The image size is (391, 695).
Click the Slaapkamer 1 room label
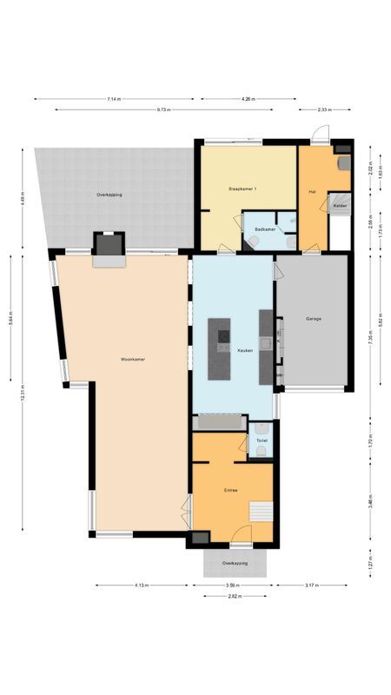[242, 189]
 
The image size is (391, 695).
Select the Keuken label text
[245, 350]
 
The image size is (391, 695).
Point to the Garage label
[313, 319]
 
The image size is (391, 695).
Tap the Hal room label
[311, 191]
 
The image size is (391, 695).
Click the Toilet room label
[262, 440]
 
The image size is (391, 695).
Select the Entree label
[231, 490]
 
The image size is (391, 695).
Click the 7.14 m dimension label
[114, 99]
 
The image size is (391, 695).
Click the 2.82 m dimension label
[233, 596]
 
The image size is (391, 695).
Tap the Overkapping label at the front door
[234, 563]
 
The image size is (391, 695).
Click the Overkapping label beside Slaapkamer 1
[109, 195]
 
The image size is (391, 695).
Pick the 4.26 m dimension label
[249, 99]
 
